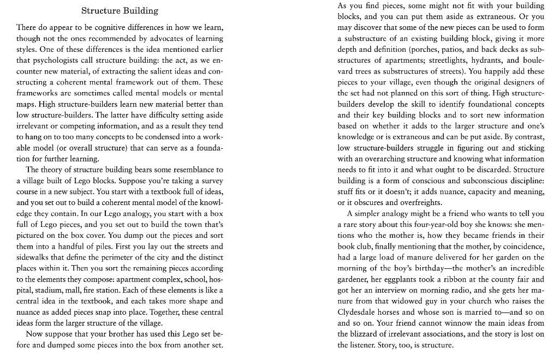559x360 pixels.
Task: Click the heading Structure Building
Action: click(x=120, y=10)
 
